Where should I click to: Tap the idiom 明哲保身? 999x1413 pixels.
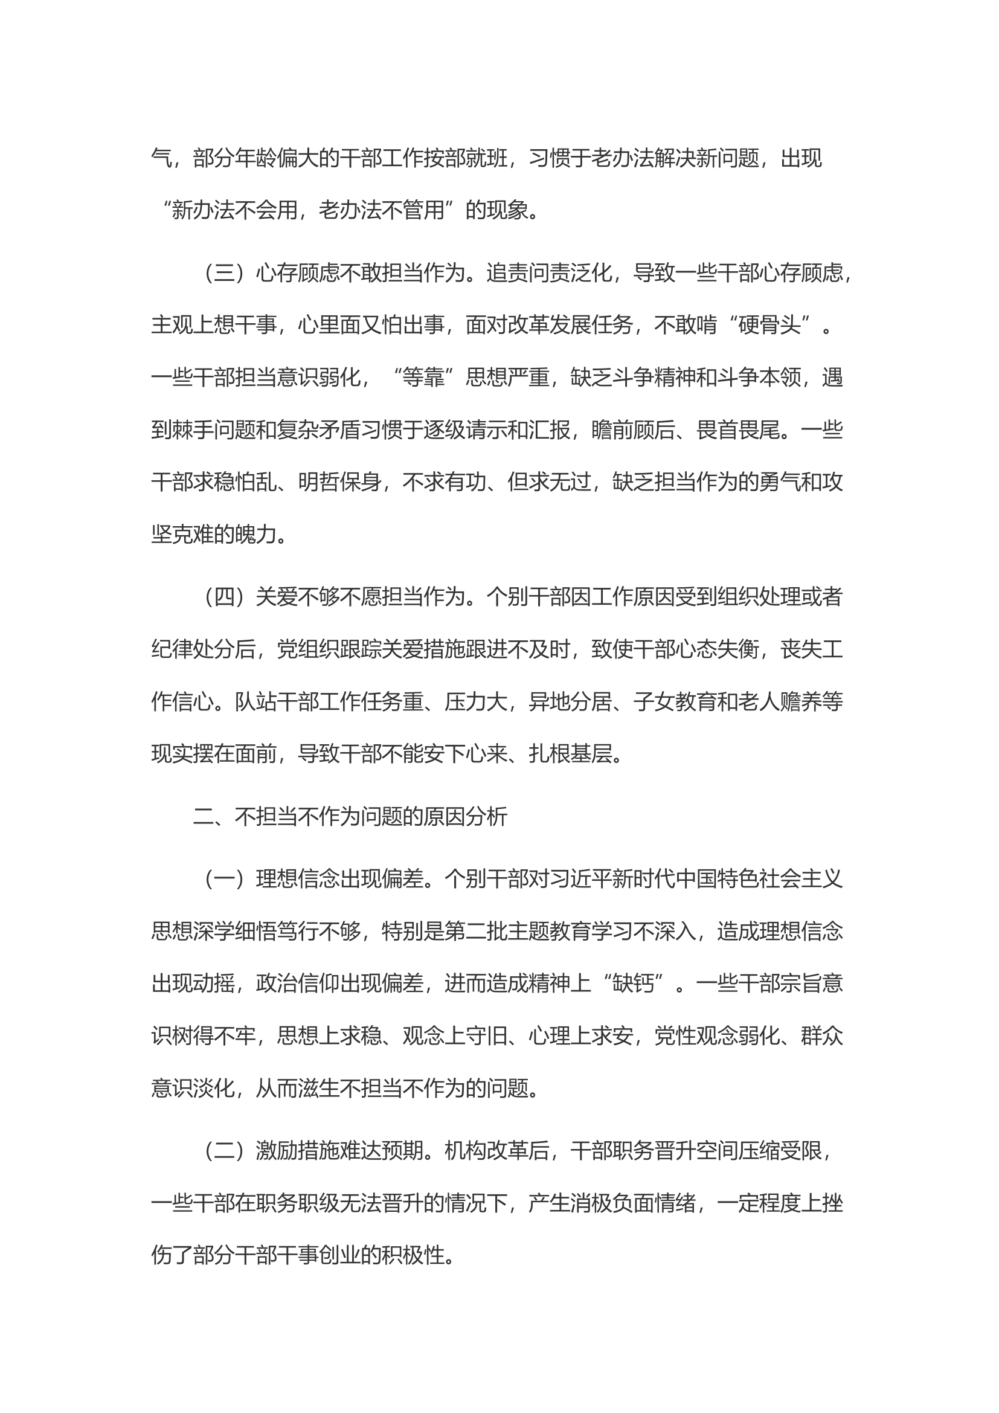pyautogui.click(x=339, y=482)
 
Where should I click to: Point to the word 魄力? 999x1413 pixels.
pyautogui.click(x=255, y=534)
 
